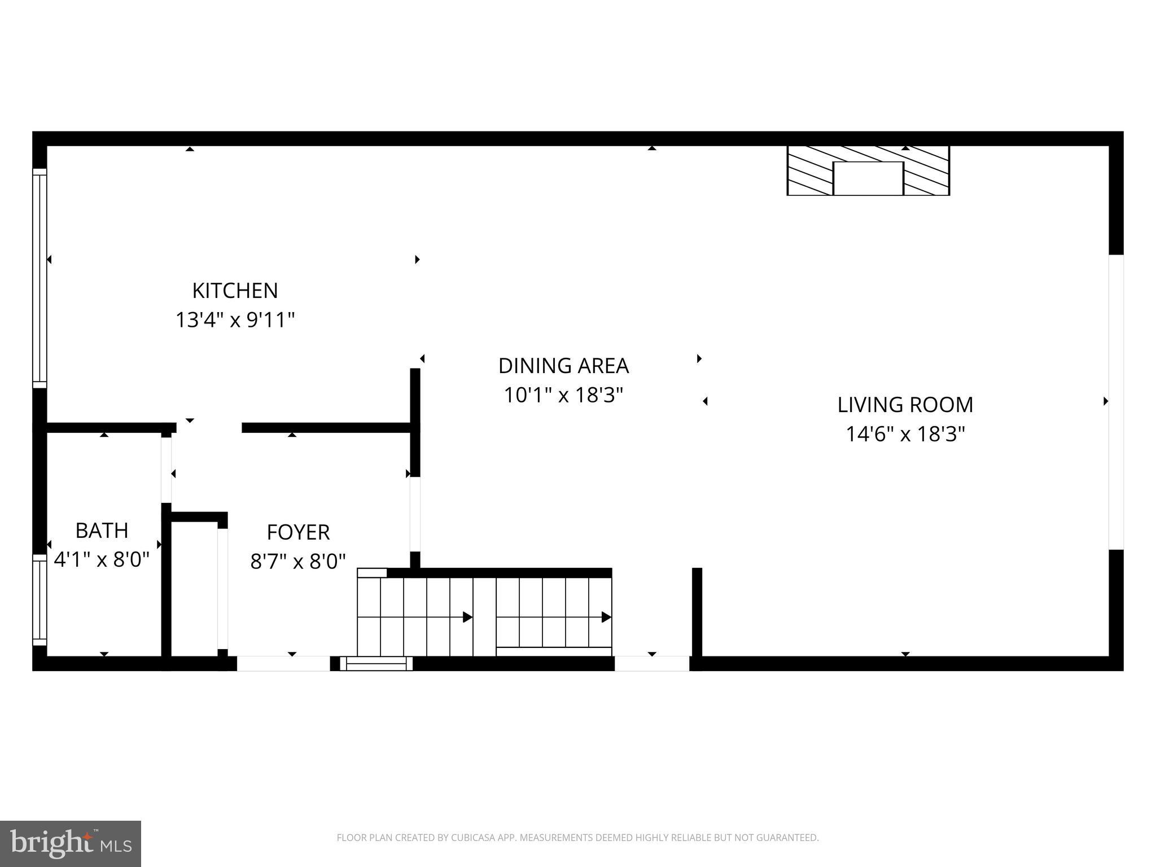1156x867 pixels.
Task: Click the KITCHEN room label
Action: point(235,291)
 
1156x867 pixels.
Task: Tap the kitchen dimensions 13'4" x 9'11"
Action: point(235,320)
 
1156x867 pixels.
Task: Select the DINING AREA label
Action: point(563,366)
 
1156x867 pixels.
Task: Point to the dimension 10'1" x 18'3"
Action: point(563,395)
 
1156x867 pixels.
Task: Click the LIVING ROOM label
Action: point(905,405)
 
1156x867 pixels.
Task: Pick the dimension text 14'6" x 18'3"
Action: point(905,434)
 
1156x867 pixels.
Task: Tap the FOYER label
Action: point(298,532)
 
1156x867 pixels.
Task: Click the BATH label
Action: point(102,531)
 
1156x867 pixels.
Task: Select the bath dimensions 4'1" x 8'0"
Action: point(102,560)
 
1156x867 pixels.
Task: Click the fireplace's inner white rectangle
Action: point(868,178)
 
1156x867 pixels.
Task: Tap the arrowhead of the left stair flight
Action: point(467,617)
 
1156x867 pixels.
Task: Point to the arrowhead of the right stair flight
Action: point(606,617)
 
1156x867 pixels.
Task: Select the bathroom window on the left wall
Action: point(40,599)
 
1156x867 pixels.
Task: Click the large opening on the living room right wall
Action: point(1116,402)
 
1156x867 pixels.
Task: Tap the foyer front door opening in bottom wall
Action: point(283,663)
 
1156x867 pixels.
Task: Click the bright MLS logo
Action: point(71,844)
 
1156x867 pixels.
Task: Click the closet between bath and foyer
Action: point(194,587)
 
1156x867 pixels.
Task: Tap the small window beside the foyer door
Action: point(376,663)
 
